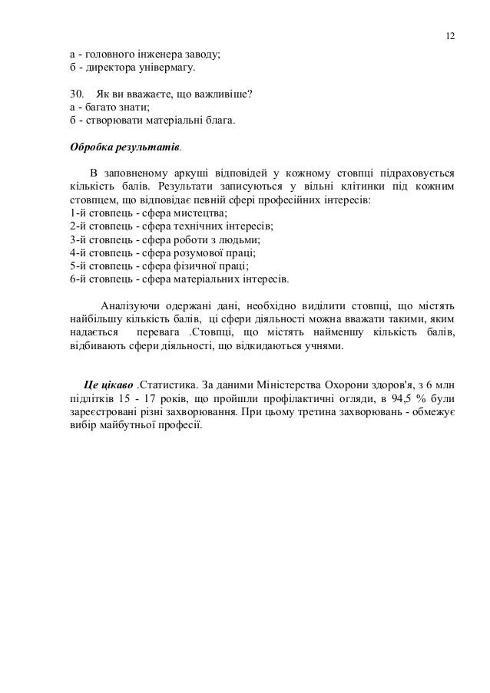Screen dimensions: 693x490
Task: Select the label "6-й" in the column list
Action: (x=77, y=279)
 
